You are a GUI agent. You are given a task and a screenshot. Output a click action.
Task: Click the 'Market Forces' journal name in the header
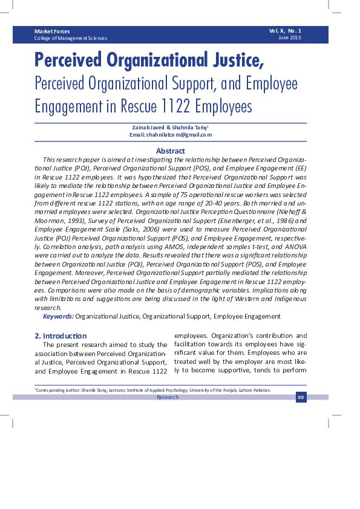pos(52,31)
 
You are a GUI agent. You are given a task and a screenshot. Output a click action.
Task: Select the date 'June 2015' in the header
pos(290,38)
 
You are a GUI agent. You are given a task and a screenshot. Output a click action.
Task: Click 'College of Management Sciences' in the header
pos(71,38)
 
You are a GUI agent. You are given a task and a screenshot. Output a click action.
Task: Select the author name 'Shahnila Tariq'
pos(188,128)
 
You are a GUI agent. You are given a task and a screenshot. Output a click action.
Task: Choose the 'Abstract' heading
pos(171,151)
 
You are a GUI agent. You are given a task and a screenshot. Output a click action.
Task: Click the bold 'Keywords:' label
pos(58,316)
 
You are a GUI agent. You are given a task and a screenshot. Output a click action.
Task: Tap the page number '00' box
pos(301,397)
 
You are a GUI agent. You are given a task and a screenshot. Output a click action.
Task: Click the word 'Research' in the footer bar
pos(168,397)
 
